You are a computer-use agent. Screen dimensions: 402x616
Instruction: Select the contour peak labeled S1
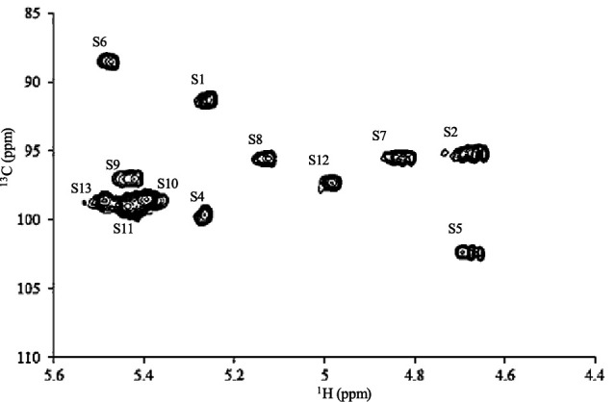click(x=206, y=99)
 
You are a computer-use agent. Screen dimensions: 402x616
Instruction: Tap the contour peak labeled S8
click(x=264, y=159)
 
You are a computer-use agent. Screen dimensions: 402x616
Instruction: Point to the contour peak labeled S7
click(x=398, y=158)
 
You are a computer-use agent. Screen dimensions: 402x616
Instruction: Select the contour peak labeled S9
click(x=128, y=178)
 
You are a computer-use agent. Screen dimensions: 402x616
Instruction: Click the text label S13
click(x=81, y=187)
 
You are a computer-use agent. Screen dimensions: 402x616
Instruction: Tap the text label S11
click(x=123, y=228)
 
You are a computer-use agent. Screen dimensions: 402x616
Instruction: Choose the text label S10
click(x=167, y=183)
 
